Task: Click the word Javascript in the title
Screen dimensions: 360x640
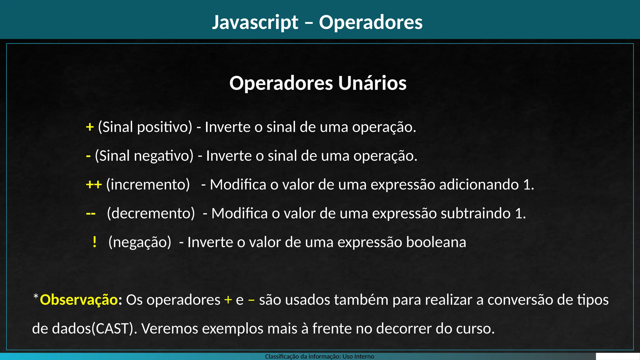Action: [255, 22]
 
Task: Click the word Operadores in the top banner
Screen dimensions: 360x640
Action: [371, 22]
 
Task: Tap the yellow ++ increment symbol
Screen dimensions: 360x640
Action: [94, 185]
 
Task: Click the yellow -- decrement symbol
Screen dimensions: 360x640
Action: [91, 214]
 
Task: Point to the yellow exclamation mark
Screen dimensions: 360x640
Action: [94, 242]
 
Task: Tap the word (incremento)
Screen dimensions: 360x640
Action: [148, 185]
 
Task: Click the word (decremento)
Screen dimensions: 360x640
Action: [151, 213]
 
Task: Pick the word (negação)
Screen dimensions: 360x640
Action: [140, 242]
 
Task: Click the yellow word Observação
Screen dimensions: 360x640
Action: [79, 300]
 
